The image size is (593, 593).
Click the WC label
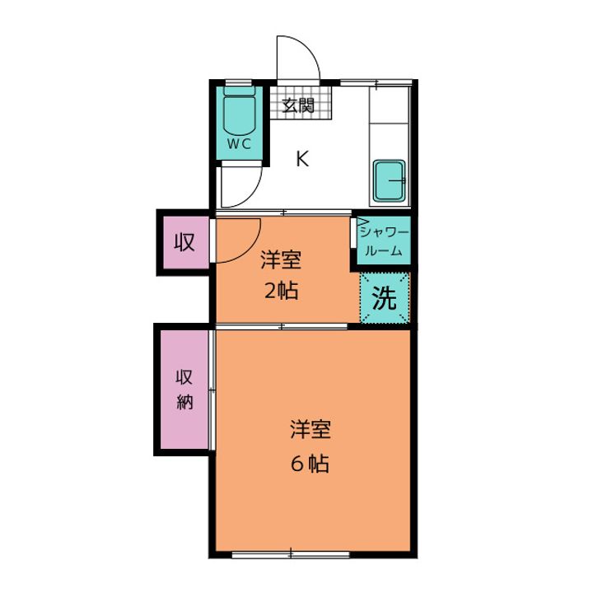(x=239, y=143)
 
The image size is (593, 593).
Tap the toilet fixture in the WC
(x=239, y=110)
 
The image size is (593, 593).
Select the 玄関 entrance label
(x=298, y=105)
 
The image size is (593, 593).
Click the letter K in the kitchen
(x=302, y=159)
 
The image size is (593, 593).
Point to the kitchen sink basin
(x=389, y=180)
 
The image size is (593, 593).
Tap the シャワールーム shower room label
(x=385, y=241)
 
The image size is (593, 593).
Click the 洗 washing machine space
(x=385, y=298)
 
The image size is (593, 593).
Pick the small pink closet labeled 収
(x=185, y=242)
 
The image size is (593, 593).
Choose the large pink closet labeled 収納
(x=184, y=389)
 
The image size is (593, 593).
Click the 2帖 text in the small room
(x=281, y=292)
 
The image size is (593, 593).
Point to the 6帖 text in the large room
(x=310, y=463)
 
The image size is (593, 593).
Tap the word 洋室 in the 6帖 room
(x=311, y=430)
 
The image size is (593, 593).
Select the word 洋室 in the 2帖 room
(x=281, y=260)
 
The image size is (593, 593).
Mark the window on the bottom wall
(x=291, y=555)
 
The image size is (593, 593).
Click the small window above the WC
(x=239, y=83)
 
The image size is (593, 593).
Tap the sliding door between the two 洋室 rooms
(x=282, y=326)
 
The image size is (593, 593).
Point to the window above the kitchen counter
(x=376, y=82)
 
